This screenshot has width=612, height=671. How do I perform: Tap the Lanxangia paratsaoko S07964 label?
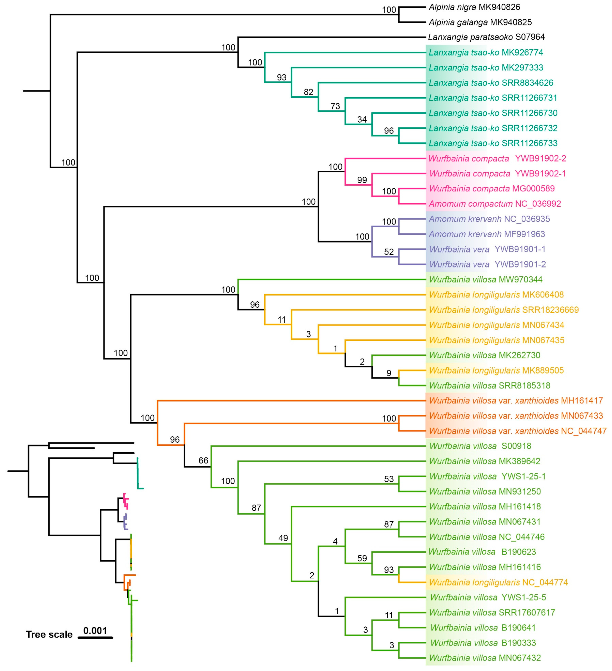click(x=486, y=37)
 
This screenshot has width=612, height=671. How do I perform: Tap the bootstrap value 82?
click(x=308, y=92)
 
